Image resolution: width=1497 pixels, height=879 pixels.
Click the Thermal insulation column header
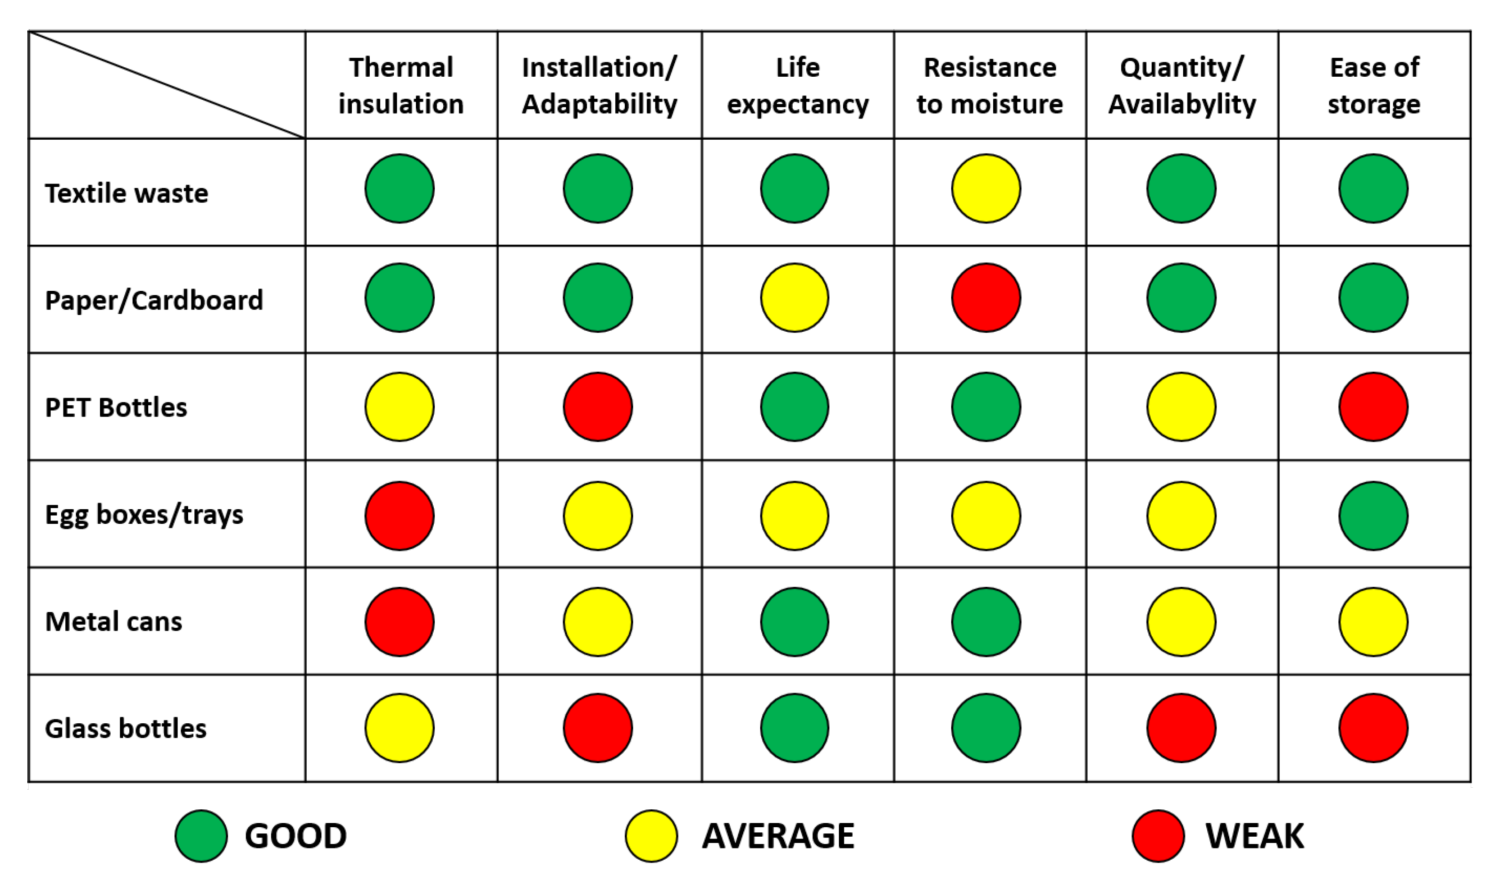tap(401, 85)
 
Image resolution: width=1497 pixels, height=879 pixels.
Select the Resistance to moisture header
tap(990, 85)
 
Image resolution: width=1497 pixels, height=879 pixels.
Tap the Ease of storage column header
tap(1374, 85)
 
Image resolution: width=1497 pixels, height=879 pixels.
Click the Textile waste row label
tap(127, 193)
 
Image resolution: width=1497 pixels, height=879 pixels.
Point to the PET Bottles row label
tap(116, 408)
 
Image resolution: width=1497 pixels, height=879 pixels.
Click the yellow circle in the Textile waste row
tap(986, 188)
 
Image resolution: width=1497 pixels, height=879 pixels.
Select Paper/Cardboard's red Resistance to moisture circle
tap(986, 298)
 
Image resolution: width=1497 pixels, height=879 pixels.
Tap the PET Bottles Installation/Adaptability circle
tap(597, 407)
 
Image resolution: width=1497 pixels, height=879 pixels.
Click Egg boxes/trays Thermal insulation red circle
tap(400, 516)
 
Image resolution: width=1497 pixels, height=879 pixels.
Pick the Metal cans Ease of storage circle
tap(1373, 622)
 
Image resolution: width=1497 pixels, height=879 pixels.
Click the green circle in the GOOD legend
tap(201, 836)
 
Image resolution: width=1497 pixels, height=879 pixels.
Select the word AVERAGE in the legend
tap(778, 836)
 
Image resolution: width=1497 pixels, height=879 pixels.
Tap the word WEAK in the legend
tap(1255, 836)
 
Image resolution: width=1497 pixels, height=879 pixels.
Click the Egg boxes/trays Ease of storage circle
tap(1373, 516)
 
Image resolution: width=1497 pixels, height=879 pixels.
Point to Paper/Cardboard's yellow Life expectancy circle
tap(794, 298)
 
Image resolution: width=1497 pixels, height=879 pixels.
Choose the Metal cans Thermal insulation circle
tap(400, 622)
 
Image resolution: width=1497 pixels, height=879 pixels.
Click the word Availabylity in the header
tap(1182, 104)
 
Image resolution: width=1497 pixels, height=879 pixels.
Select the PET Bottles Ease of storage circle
tap(1373, 407)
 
